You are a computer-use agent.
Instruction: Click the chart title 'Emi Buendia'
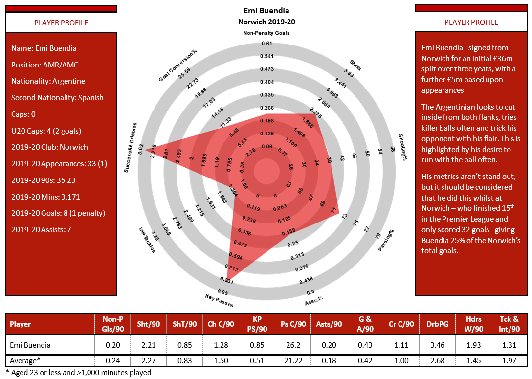tap(266, 10)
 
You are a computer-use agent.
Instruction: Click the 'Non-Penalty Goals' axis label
tap(266, 33)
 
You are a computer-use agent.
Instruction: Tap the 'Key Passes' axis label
tap(219, 300)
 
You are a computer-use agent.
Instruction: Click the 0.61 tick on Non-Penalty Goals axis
tap(266, 44)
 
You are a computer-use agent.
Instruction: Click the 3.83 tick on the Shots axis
tap(348, 73)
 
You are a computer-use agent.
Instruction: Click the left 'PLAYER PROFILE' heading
tap(61, 23)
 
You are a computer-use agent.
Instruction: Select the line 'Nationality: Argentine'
tap(48, 81)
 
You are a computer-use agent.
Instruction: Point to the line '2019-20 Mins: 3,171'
tap(45, 197)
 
